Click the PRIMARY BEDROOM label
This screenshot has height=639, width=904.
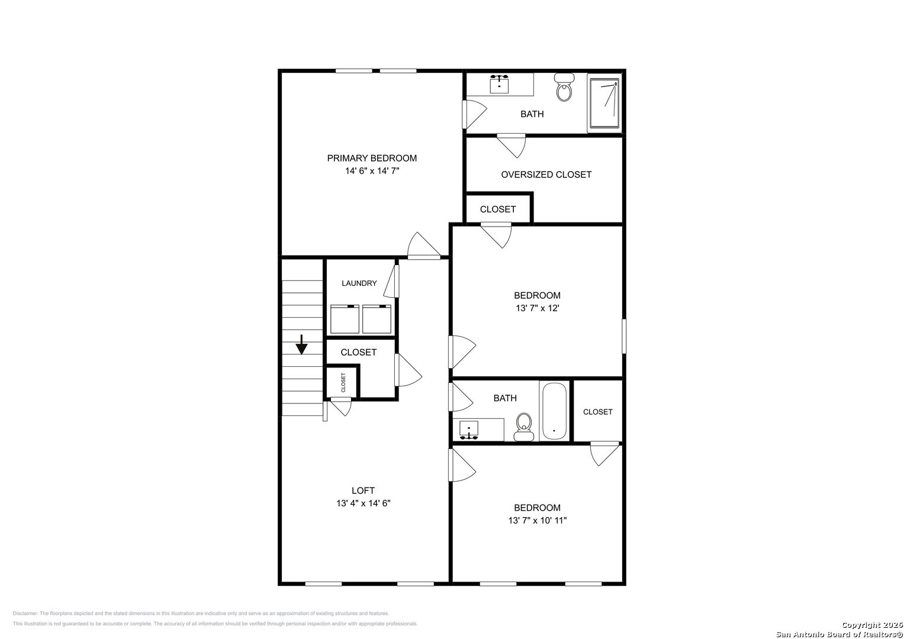[372, 158]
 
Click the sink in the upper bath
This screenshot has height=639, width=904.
[500, 83]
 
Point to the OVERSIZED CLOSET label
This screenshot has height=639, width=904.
[546, 175]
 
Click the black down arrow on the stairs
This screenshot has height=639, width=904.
[302, 344]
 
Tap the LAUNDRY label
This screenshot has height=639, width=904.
[359, 283]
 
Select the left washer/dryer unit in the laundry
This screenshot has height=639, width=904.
[345, 319]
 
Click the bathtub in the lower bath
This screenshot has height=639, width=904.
[554, 411]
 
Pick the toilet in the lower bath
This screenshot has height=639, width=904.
[523, 427]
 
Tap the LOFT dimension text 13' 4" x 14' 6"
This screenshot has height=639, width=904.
[363, 504]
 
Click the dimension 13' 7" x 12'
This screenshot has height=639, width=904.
[537, 308]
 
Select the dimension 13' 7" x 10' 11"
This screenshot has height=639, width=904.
[537, 521]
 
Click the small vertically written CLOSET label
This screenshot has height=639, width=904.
[343, 382]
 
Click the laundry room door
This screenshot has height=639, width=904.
[392, 281]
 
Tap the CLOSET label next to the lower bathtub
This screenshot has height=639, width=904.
[597, 412]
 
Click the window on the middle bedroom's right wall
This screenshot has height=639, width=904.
[623, 336]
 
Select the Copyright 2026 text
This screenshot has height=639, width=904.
[871, 625]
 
